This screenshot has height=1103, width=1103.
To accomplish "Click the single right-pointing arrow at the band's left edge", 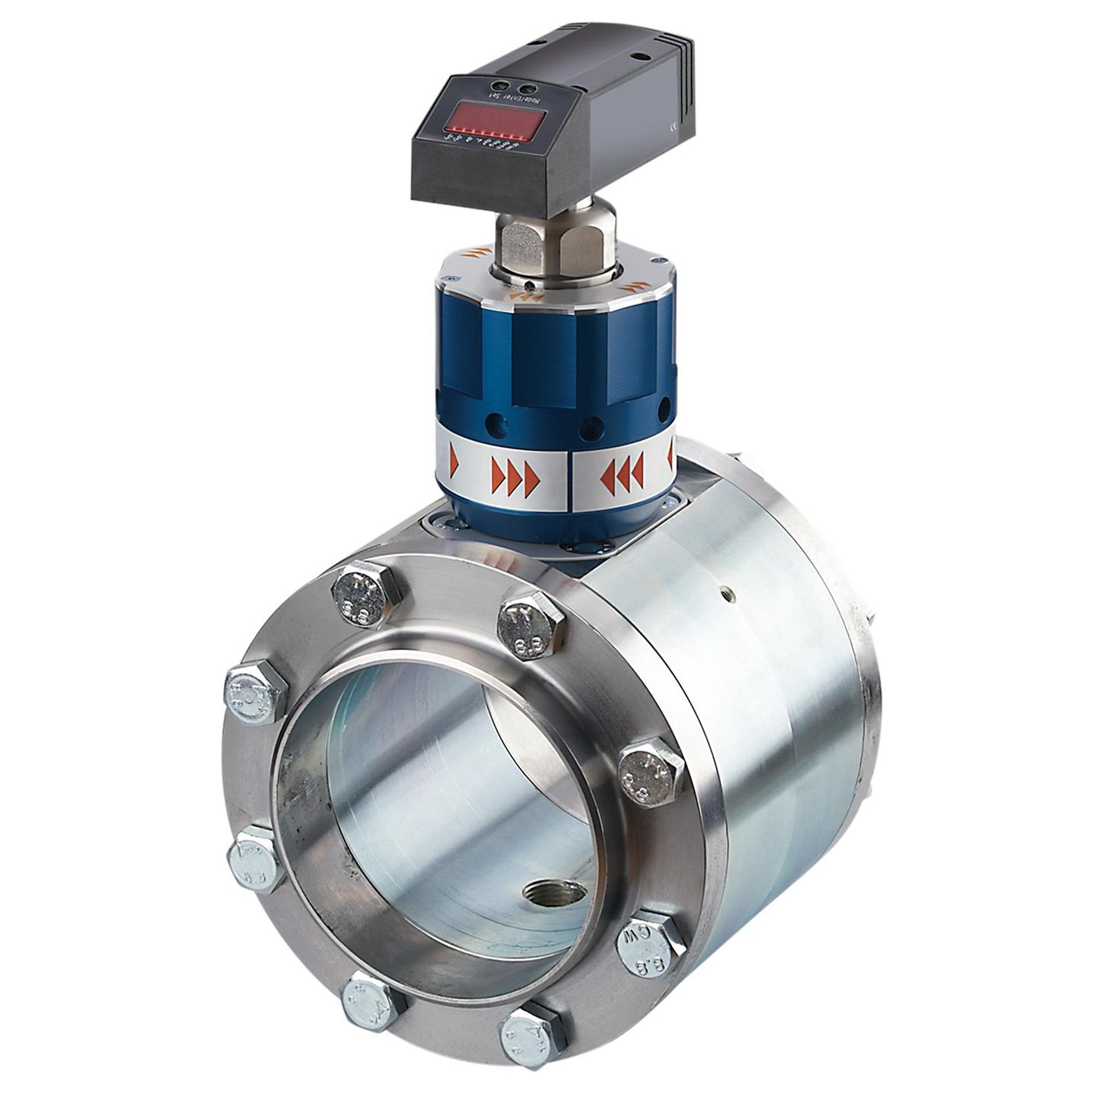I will click(x=454, y=461).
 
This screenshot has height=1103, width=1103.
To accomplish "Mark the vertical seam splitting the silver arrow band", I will click(x=570, y=480).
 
